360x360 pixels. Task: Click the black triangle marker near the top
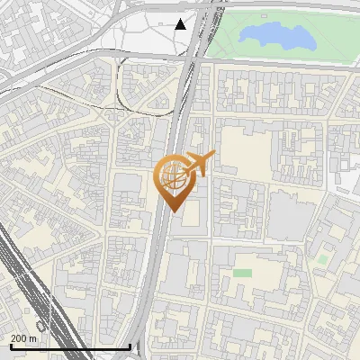coord(181,24)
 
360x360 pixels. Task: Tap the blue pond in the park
coord(276,36)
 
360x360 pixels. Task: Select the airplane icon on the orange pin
coord(198,165)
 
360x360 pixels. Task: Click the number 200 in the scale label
coord(19,338)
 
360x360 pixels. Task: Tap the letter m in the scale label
coord(33,338)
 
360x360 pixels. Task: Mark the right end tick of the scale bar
coord(130,346)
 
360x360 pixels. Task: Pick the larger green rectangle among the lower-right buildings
coord(243,273)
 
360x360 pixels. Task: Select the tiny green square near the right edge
coord(322,259)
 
